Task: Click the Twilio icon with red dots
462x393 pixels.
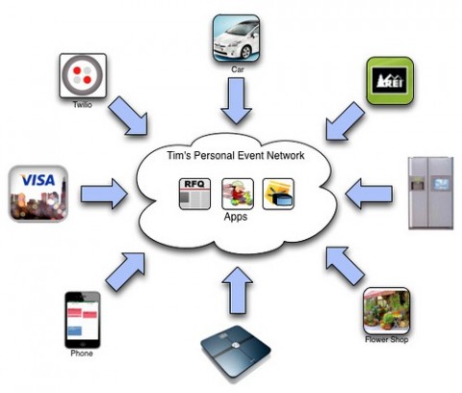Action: tap(83, 76)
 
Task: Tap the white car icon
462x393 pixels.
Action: tap(237, 39)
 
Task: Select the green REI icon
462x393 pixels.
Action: tap(390, 81)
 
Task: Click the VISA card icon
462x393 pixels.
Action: tap(38, 194)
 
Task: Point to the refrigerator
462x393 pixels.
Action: tap(431, 193)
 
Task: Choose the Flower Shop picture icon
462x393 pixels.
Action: tap(387, 311)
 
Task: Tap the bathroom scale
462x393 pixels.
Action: tap(236, 354)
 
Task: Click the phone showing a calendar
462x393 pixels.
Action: tap(83, 320)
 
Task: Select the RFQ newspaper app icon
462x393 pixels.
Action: tap(194, 194)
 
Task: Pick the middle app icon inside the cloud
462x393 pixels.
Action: tap(238, 194)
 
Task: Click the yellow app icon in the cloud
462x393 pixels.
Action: tap(278, 194)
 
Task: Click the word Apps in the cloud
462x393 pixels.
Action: tap(236, 217)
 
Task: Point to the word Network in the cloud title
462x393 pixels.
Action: tap(286, 155)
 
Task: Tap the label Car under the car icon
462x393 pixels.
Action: tap(238, 69)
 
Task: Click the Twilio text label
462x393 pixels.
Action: tap(83, 105)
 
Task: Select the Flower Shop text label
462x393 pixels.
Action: tap(387, 339)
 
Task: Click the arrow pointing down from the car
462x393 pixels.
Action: tap(237, 100)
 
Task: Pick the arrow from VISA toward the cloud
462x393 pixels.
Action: tap(104, 194)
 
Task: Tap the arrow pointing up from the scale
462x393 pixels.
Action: tap(238, 290)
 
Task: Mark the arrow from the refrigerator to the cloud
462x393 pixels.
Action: tap(369, 194)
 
